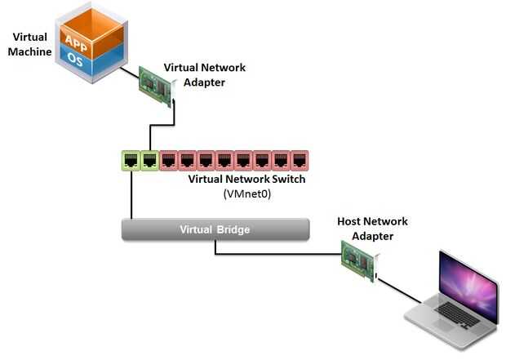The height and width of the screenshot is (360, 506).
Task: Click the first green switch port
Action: click(131, 160)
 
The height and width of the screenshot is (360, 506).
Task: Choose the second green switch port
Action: click(149, 160)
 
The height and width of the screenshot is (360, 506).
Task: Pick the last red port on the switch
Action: click(299, 160)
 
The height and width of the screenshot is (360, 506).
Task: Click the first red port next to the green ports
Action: click(168, 160)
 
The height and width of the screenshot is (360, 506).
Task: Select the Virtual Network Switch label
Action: click(246, 180)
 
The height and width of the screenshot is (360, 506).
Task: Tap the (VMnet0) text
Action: click(246, 194)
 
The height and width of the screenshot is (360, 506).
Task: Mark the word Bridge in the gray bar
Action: click(233, 229)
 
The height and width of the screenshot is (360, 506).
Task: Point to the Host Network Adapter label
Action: click(372, 229)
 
